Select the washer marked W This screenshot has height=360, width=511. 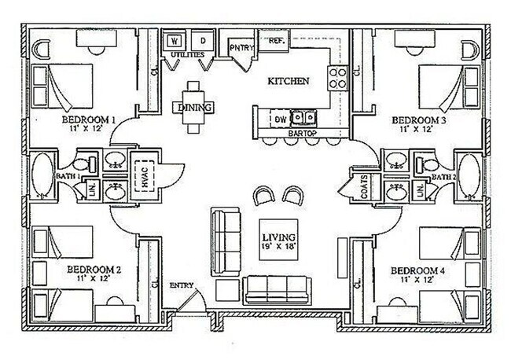pyautogui.click(x=174, y=40)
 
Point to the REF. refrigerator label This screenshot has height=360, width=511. pyautogui.click(x=276, y=39)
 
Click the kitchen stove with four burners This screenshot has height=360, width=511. pyautogui.click(x=337, y=76)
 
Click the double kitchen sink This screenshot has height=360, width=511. pyautogui.click(x=305, y=119)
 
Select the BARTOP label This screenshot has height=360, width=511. pyautogui.click(x=302, y=134)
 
